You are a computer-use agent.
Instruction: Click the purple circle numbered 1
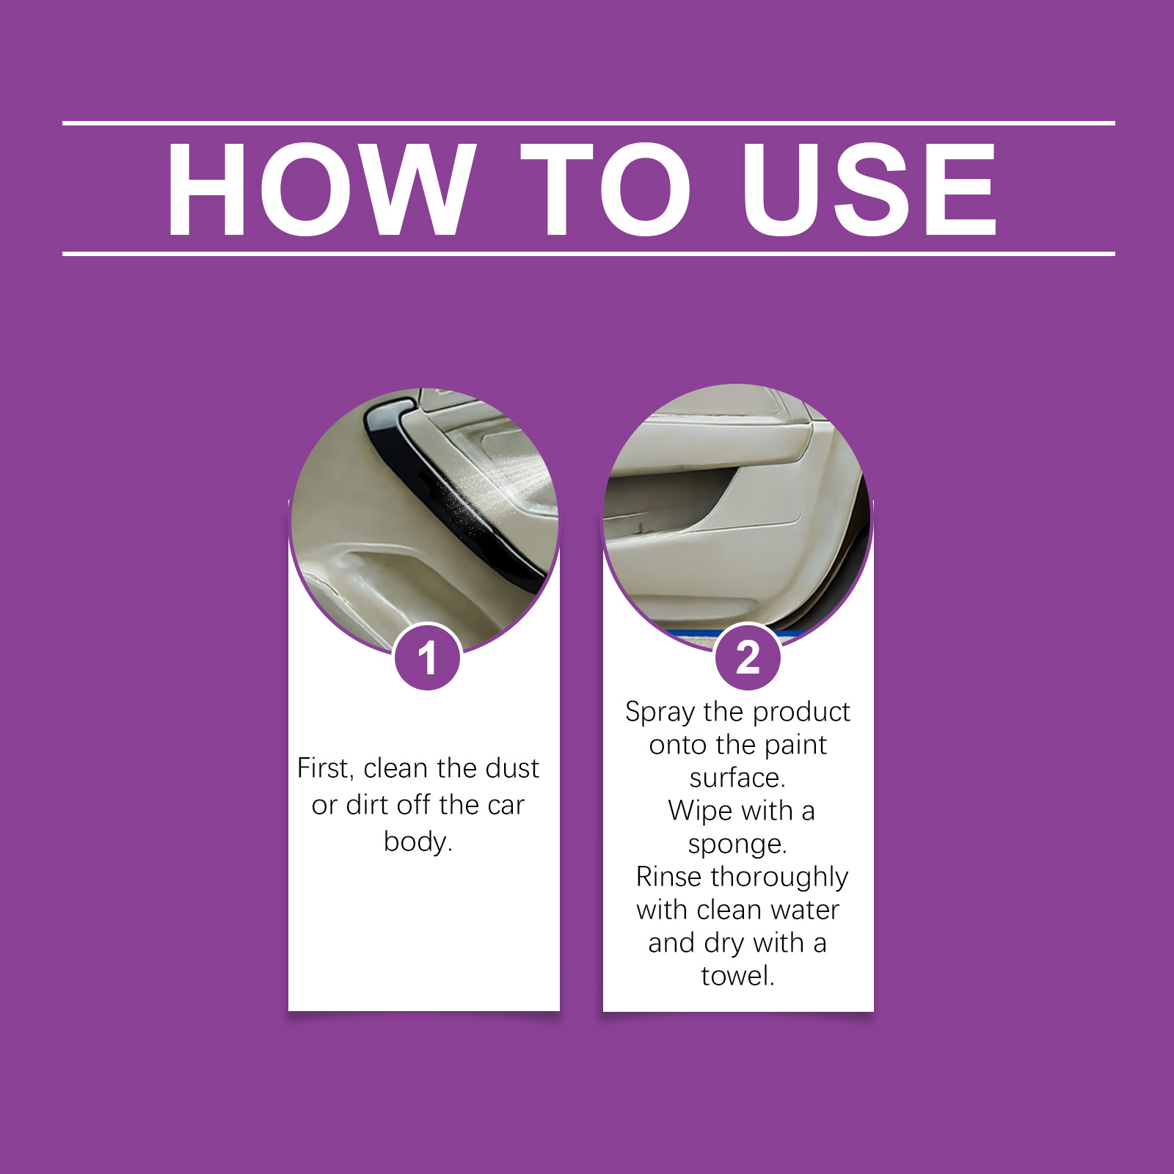(427, 657)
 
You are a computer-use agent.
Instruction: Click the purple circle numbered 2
(748, 657)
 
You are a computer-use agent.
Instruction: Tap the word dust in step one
(511, 768)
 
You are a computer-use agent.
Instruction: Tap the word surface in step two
(736, 778)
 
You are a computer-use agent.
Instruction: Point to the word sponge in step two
(737, 845)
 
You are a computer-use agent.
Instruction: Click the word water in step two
(805, 911)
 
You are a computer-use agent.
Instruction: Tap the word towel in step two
(736, 976)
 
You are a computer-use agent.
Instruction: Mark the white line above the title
(588, 123)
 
